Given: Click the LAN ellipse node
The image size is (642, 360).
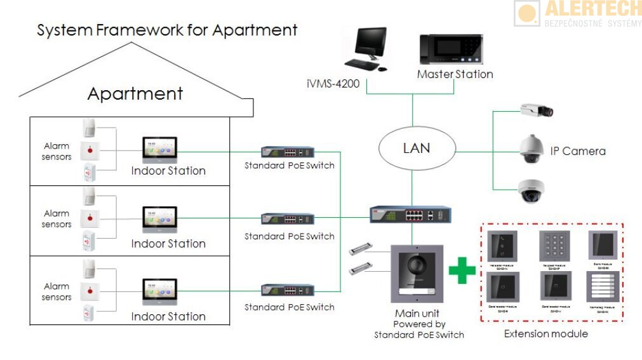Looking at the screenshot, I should coord(417,149).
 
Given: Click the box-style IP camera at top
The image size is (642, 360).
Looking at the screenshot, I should coord(537,110).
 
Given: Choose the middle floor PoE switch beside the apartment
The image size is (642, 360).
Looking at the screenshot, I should coord(288,218).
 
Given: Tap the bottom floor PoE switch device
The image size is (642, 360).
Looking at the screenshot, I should coord(288,290).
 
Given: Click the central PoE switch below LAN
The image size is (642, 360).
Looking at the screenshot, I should coord(411,213).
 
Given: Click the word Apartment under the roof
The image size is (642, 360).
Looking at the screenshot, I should coord(135,94).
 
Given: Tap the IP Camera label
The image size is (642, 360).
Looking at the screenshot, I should coord(578,151).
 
